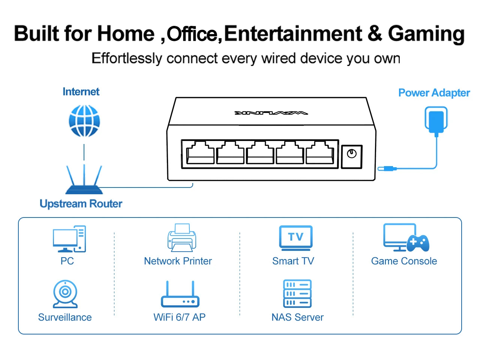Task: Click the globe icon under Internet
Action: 84,121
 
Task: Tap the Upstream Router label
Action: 81,204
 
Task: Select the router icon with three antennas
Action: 84,179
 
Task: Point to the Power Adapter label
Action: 434,93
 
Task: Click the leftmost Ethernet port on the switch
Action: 200,152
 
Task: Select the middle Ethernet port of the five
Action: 260,152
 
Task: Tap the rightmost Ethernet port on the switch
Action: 320,152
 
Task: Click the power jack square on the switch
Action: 352,156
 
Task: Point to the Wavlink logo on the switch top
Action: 271,113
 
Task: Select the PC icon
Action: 69,239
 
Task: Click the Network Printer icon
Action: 182,238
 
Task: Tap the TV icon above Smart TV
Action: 295,238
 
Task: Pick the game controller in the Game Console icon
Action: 418,243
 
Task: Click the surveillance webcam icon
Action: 65,294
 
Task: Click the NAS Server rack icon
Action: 297,294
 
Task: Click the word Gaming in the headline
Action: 426,34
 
